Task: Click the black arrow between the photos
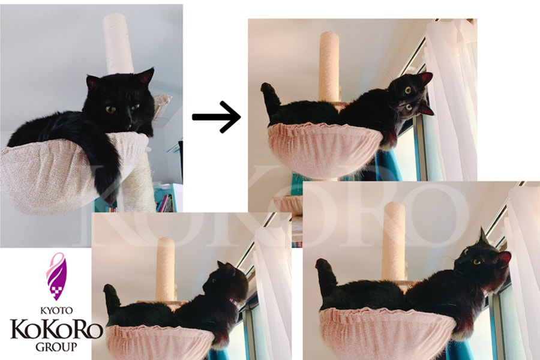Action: point(216,117)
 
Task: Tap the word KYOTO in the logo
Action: point(56,310)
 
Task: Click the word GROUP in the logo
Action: point(56,347)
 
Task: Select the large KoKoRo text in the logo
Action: point(56,329)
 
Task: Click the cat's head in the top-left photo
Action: point(120,100)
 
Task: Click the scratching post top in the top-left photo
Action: point(118,43)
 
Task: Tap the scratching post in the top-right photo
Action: point(329,67)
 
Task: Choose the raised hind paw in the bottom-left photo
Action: point(112,298)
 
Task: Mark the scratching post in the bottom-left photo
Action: point(166,269)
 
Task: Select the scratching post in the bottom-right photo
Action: point(395,241)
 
